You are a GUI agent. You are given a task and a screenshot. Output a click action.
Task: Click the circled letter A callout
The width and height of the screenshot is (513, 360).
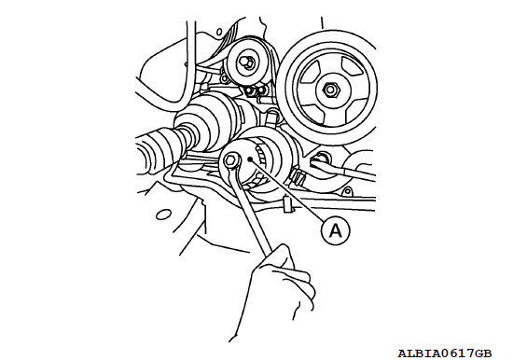pos(336,230)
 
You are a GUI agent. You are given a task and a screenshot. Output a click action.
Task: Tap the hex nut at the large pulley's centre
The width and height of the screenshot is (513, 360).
pos(331,90)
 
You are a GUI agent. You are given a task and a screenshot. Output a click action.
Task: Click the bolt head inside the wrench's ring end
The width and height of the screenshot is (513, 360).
pos(229,160)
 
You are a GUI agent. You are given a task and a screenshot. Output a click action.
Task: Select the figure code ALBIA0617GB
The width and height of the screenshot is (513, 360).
pos(445,353)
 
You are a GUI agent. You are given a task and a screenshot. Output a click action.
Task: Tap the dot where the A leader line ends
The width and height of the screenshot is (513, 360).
pos(250,159)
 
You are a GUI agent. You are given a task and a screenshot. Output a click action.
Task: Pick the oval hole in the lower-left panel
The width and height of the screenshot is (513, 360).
pos(163,215)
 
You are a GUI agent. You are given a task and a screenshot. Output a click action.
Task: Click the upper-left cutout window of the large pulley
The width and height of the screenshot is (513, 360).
pos(308,73)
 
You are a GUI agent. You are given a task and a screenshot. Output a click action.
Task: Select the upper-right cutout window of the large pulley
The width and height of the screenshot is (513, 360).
pos(353,68)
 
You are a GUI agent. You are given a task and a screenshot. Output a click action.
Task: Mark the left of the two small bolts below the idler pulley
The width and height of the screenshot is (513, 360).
pos(250,90)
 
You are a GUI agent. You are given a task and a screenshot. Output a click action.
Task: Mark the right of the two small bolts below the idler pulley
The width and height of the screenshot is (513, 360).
pos(261,90)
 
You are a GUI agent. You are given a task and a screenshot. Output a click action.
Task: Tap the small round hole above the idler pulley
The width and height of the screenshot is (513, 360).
pos(219,32)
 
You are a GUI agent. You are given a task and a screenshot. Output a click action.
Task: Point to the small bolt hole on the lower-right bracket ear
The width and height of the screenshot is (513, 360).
pos(348,190)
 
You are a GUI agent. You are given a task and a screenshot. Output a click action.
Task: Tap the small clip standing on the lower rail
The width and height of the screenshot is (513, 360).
pos(288,203)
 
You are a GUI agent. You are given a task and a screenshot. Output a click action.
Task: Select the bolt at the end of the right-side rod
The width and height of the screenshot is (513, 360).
pos(320,159)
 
